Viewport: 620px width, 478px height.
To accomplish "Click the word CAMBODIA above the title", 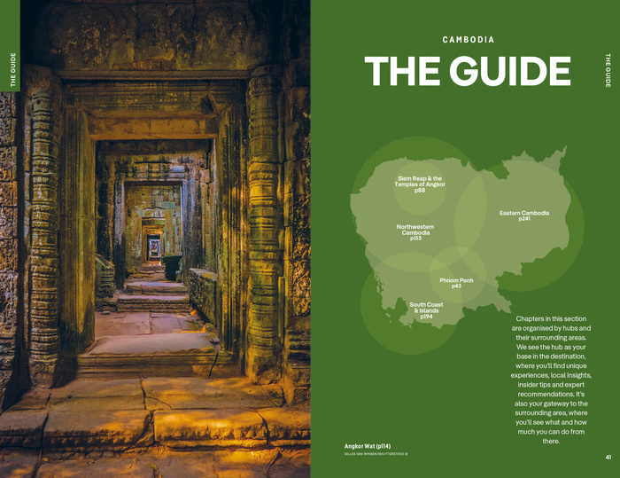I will point(469,40).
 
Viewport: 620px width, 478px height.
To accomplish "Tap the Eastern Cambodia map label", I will point(524,213).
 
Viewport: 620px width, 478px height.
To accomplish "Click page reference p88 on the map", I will point(420,192).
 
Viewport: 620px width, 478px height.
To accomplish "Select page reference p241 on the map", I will point(524,219).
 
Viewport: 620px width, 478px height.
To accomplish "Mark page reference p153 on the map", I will point(415,239).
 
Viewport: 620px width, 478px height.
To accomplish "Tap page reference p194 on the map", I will point(426,317).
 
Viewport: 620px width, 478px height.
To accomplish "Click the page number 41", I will point(608,458).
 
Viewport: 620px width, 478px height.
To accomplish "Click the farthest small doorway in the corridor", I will point(154,249).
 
